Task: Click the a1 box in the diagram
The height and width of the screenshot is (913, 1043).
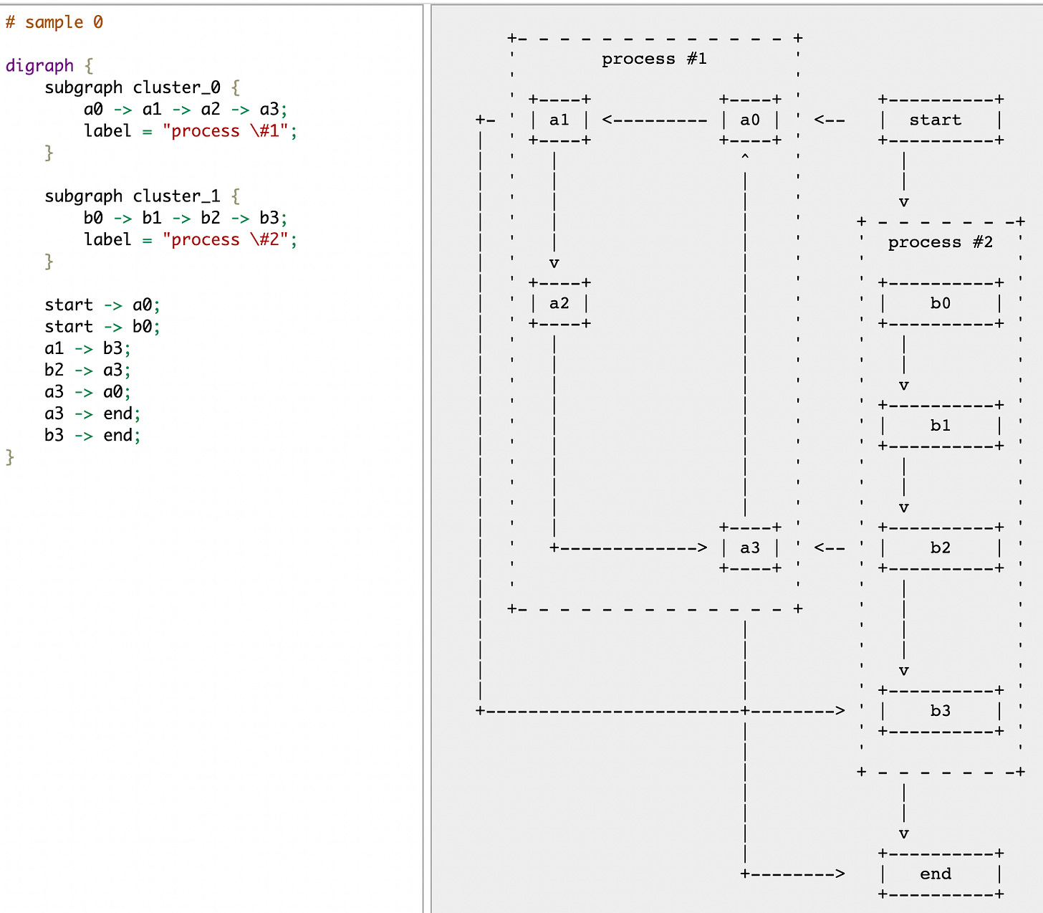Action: [x=559, y=120]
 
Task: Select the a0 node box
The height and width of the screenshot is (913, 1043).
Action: [x=749, y=120]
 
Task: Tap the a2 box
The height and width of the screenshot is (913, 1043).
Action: [x=559, y=303]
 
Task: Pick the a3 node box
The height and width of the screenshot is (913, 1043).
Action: [x=749, y=548]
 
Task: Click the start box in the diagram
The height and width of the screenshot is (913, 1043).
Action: [x=940, y=120]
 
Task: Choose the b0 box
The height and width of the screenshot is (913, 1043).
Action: [x=940, y=303]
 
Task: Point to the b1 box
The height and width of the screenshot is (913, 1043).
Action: [x=940, y=426]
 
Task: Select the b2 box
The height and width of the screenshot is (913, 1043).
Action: [x=940, y=548]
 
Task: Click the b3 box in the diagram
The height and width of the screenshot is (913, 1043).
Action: [x=940, y=711]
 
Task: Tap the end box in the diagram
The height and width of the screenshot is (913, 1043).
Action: [x=940, y=874]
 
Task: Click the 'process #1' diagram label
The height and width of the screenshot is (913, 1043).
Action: [x=654, y=59]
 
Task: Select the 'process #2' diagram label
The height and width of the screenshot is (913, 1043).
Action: [x=940, y=242]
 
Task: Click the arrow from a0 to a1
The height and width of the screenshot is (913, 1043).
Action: [x=654, y=120]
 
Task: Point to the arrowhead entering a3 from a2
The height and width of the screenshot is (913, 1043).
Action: [x=702, y=548]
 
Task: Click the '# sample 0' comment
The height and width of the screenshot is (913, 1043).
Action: [x=54, y=22]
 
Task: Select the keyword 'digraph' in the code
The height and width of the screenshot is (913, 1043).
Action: [x=39, y=66]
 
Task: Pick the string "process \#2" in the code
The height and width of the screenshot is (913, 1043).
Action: [x=226, y=239]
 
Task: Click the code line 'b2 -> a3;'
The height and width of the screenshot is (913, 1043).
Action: [x=87, y=370]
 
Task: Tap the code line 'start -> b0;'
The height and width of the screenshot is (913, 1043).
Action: [x=102, y=327]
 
